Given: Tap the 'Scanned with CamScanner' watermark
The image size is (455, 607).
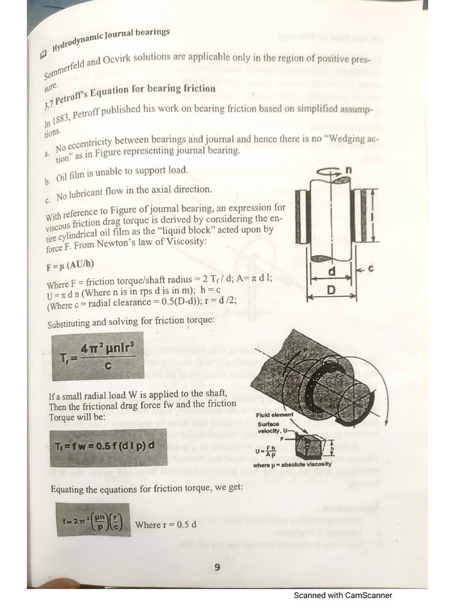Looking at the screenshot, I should (x=343, y=595).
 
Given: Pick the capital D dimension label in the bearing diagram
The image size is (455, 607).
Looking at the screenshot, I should (x=332, y=290).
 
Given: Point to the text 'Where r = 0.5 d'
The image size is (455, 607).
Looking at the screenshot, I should (x=166, y=525).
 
